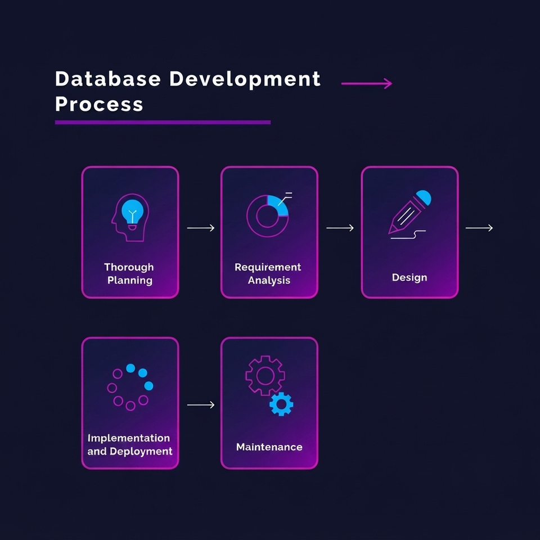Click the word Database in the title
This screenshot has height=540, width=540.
coord(108,79)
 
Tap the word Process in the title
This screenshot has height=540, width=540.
coord(99,104)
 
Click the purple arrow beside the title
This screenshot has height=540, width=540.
coord(366,83)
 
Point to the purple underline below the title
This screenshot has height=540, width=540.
coord(163,122)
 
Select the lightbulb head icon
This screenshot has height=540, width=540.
coord(130,217)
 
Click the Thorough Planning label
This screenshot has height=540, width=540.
coord(129,273)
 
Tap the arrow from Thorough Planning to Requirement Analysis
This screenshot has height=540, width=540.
coord(201,228)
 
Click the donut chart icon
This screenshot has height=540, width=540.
coord(268,216)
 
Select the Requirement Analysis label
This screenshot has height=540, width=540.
coord(268,273)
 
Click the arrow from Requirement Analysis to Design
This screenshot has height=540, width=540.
coord(340,228)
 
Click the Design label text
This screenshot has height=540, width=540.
coord(409,277)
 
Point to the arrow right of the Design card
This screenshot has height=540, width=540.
coord(479,228)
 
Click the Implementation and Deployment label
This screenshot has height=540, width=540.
coord(130,444)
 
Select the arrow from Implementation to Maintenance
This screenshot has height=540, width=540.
coord(201,405)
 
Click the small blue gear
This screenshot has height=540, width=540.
coord(281,404)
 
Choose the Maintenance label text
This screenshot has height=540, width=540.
coord(269,447)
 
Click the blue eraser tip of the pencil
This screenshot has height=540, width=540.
coord(424,197)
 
